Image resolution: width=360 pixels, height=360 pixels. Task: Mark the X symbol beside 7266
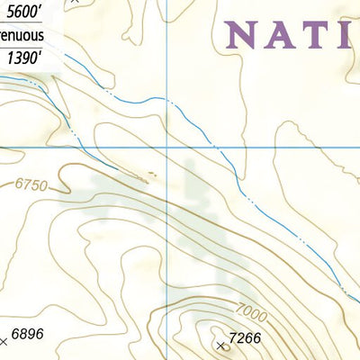[221, 345]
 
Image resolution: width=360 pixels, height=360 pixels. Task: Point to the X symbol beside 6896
[4, 341]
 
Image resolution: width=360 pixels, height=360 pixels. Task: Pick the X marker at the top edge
[76, 2]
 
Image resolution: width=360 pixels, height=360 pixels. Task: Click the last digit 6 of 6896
[40, 334]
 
